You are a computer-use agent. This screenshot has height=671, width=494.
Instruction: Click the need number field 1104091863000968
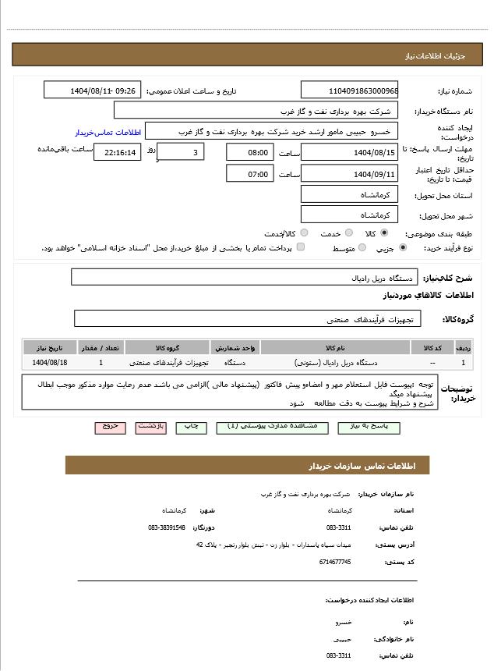coord(349,91)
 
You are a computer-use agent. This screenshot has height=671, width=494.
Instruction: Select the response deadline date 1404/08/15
coord(349,152)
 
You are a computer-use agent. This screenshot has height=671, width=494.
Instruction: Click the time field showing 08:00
coord(249,152)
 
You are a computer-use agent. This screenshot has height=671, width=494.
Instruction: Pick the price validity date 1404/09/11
coord(349,173)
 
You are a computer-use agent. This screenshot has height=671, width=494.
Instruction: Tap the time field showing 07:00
coord(249,173)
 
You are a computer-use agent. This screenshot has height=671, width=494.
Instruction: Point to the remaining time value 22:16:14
coord(117,152)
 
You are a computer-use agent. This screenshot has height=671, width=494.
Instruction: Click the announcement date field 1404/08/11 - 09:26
coord(92,91)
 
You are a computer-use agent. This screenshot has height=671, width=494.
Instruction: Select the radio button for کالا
coord(384,233)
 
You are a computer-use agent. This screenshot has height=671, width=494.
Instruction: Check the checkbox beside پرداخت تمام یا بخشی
coord(301,248)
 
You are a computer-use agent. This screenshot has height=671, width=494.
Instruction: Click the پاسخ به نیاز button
coord(369,428)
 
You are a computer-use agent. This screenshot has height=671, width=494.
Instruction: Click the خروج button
coord(110,428)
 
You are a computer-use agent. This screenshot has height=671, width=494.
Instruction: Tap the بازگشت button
coord(150,428)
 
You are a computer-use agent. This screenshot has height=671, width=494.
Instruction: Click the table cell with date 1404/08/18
coord(50,363)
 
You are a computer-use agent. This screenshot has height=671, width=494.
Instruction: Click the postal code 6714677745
coord(335,562)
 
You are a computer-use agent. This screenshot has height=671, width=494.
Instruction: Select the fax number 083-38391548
coord(167,527)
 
